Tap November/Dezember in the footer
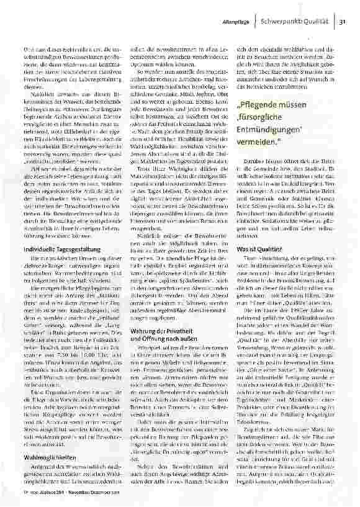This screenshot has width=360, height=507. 85,500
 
